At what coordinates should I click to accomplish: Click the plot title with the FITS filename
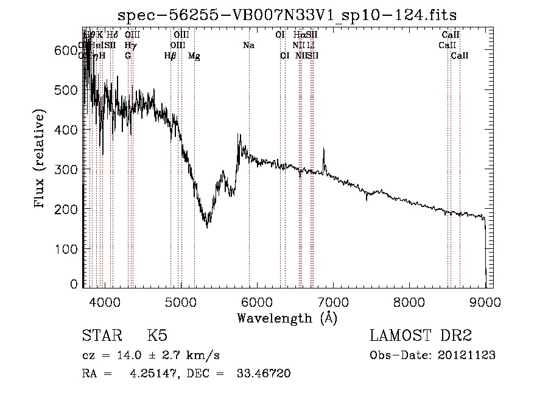287,15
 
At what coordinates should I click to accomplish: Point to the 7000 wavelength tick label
333,301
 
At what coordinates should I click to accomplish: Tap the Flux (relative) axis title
41,159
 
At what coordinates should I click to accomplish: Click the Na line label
248,45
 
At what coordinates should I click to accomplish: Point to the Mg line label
194,56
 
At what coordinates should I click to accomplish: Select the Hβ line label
170,55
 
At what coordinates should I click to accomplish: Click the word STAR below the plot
100,336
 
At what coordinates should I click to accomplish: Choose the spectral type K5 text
156,336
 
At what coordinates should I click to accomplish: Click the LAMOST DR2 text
421,336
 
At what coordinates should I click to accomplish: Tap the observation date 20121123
466,355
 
